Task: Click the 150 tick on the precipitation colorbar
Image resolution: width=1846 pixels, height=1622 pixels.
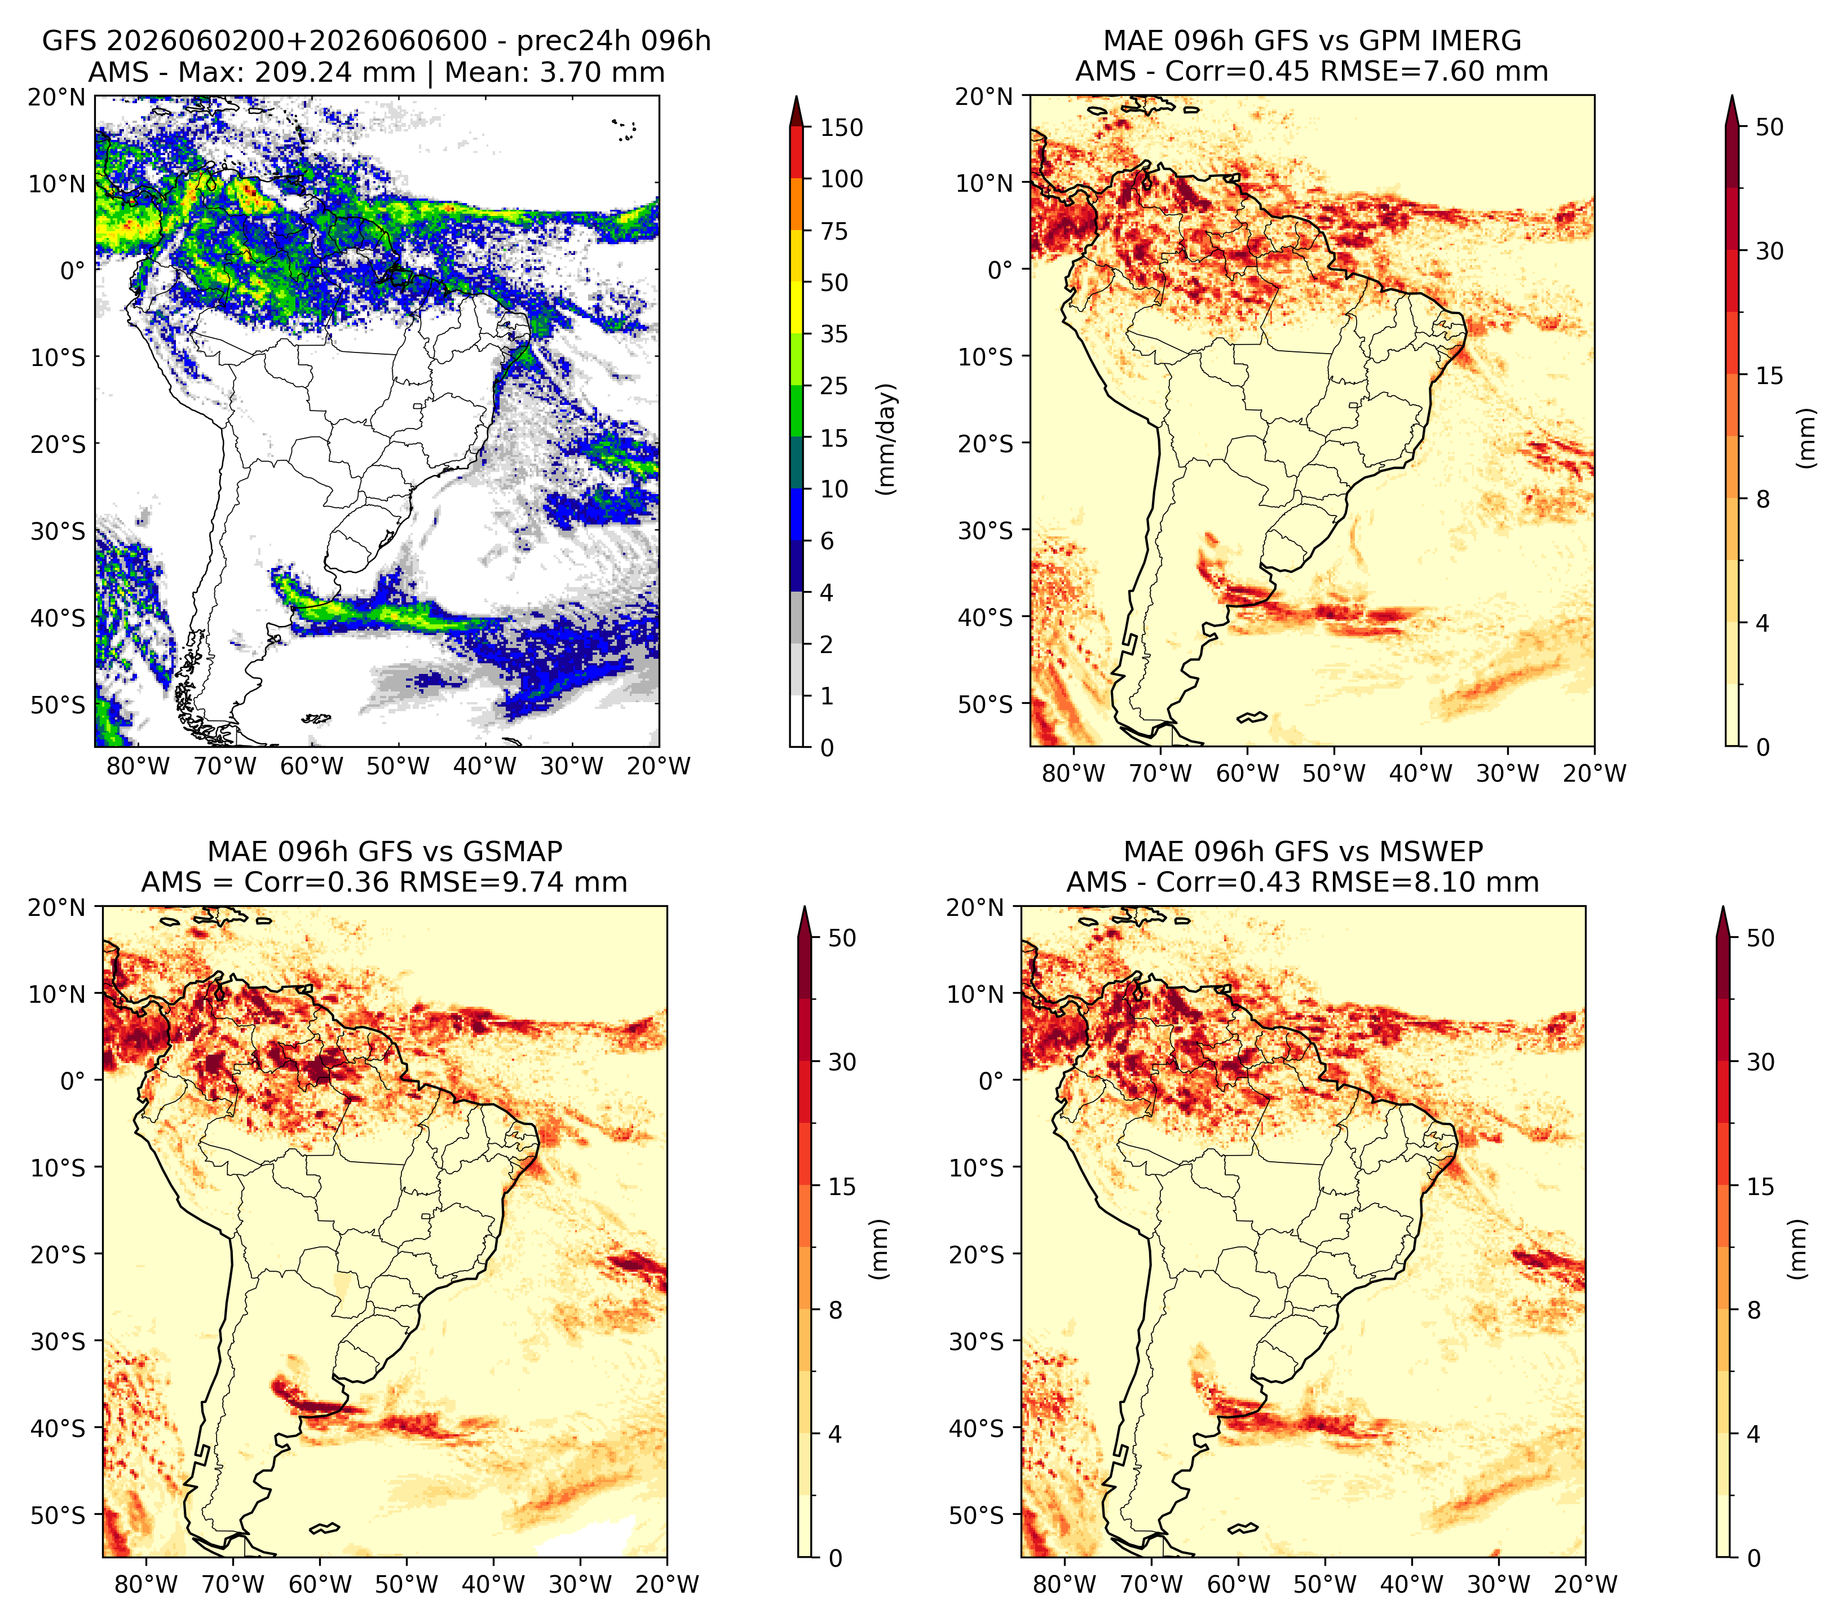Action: (842, 127)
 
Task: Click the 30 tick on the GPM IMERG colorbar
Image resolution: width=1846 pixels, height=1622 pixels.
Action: (1769, 251)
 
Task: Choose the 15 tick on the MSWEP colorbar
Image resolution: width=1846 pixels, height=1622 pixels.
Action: (1760, 1187)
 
